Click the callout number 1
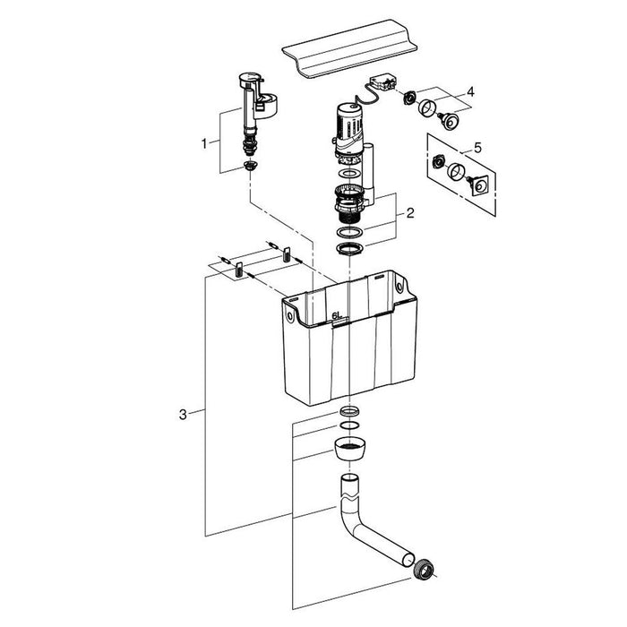tap(204, 142)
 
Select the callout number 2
tap(409, 213)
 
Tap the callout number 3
tap(183, 414)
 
